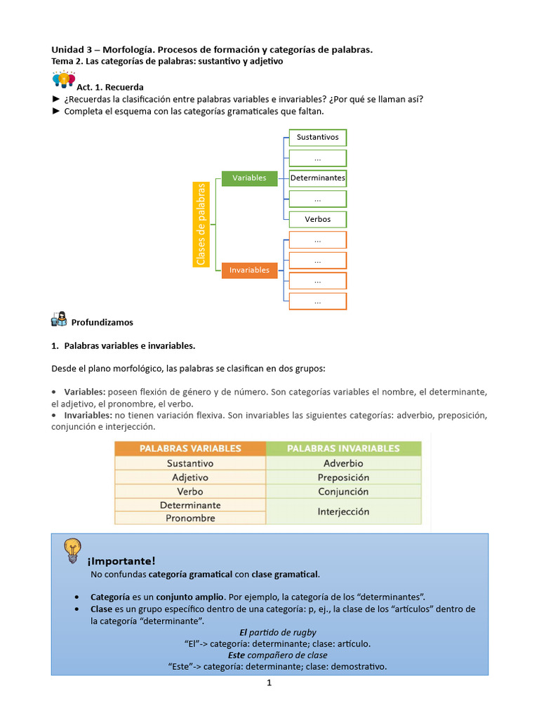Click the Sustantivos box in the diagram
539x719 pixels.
click(x=318, y=138)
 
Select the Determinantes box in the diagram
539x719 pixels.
click(x=318, y=178)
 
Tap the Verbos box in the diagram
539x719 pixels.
click(x=318, y=219)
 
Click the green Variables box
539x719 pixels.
click(x=249, y=178)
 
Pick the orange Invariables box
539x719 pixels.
click(x=249, y=270)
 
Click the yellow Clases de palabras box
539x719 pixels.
click(x=201, y=224)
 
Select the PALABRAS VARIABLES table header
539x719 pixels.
click(x=190, y=449)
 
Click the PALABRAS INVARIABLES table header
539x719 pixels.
click(x=344, y=449)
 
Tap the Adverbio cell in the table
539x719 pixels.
click(x=344, y=463)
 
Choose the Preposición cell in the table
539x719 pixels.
click(x=344, y=477)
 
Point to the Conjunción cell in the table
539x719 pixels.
click(x=344, y=492)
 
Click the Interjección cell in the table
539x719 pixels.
click(x=344, y=512)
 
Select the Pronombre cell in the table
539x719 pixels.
click(x=190, y=518)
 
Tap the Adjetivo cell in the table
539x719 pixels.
click(x=190, y=477)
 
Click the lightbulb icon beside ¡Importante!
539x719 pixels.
click(x=72, y=550)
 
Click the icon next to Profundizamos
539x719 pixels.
click(x=60, y=319)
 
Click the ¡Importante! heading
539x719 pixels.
click(x=121, y=561)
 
